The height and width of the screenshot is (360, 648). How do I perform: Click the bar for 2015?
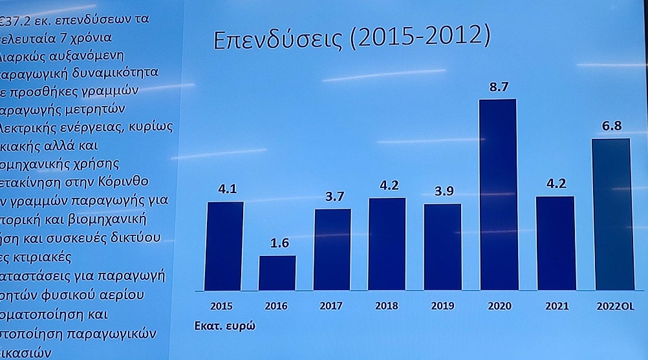click(225, 246)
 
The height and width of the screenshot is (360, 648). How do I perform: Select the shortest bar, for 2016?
click(277, 273)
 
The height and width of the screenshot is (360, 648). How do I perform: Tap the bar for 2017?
click(332, 249)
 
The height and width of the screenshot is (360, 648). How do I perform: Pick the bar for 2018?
click(387, 244)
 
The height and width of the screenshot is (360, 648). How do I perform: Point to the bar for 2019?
click(442, 246)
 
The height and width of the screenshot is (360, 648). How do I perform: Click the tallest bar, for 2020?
click(497, 194)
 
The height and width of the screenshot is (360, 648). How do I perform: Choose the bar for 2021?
click(555, 242)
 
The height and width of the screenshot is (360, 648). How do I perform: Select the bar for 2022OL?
click(611, 214)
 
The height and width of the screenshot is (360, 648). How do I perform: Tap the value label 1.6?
click(278, 244)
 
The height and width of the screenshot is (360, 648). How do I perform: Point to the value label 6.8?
click(612, 126)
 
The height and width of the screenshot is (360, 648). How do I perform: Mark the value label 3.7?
click(334, 197)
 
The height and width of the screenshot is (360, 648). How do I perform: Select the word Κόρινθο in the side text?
click(142, 180)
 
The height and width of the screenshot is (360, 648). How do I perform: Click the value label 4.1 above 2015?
click(227, 190)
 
